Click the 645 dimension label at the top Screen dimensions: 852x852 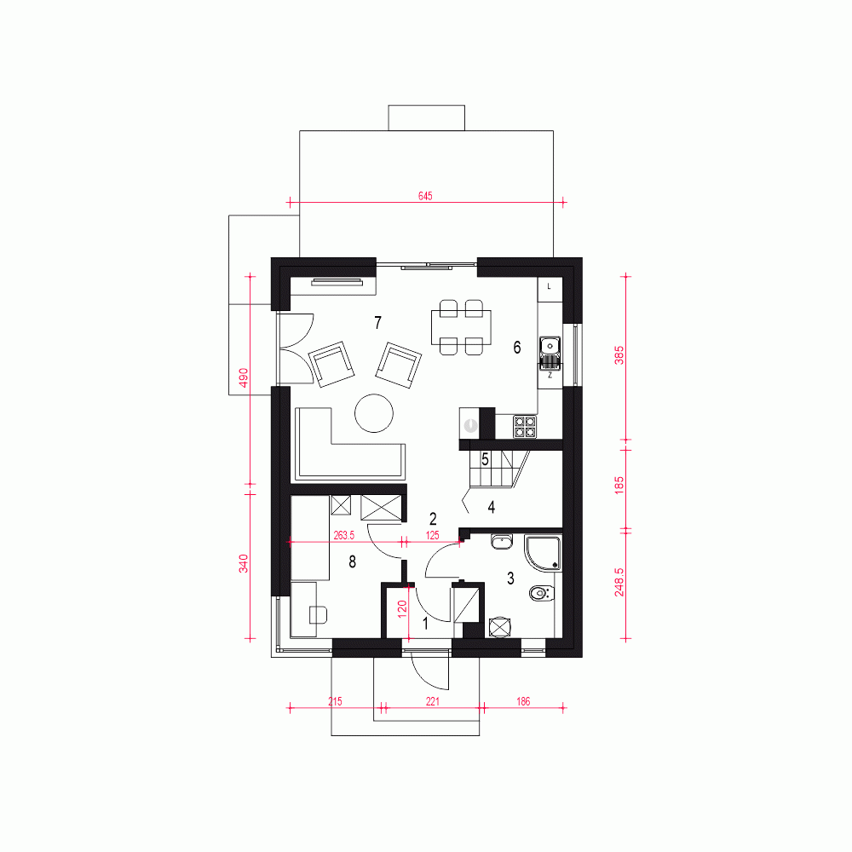point(425,196)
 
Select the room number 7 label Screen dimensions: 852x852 point(378,323)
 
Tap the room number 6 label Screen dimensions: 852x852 point(517,348)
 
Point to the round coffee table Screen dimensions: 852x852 point(374,413)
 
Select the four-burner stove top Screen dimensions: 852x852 point(525,427)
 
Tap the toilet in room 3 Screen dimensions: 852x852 point(541,593)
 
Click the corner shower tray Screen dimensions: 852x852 point(543,554)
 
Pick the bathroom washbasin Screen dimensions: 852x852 point(502,541)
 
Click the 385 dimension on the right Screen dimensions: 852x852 point(619,355)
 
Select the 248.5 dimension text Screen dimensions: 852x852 point(619,583)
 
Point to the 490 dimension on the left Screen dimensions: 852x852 point(244,377)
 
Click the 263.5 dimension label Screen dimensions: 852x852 point(344,535)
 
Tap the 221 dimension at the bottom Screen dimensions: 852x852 point(433,701)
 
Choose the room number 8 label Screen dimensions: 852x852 point(352,561)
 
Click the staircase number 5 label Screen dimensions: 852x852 point(486,460)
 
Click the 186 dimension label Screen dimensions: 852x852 point(523,701)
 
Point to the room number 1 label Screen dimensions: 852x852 point(425,624)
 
